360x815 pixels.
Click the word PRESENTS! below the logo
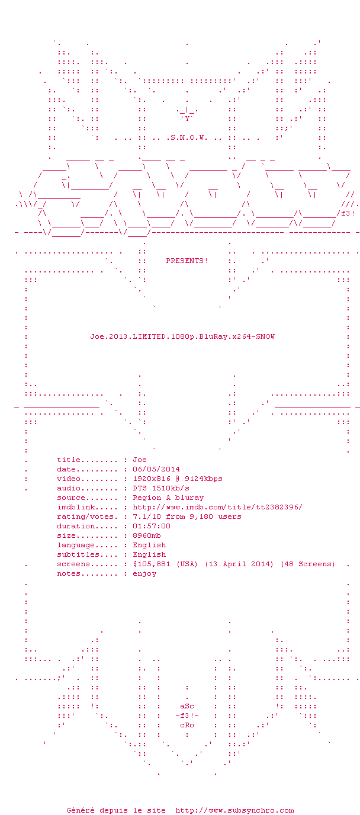coord(187,261)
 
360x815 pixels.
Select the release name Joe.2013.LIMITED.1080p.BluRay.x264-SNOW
coord(182,336)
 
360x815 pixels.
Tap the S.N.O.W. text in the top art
coord(189,138)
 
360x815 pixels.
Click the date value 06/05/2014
coord(156,469)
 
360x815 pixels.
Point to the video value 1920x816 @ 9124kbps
coord(178,479)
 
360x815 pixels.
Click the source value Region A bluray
coord(168,498)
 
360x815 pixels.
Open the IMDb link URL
coord(217,507)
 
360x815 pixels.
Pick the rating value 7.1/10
coord(146,516)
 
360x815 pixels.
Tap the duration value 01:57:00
coord(151,526)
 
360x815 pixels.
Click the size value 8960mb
coord(146,535)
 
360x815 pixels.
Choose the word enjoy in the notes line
coord(144,573)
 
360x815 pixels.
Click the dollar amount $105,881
coord(151,564)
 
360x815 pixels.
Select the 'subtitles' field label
coord(78,554)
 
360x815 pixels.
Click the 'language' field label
coord(76,545)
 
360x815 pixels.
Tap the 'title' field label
coord(69,460)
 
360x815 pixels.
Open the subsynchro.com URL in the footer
coord(234,810)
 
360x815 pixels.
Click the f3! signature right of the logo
coord(348,214)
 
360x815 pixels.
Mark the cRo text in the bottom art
coord(187,725)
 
